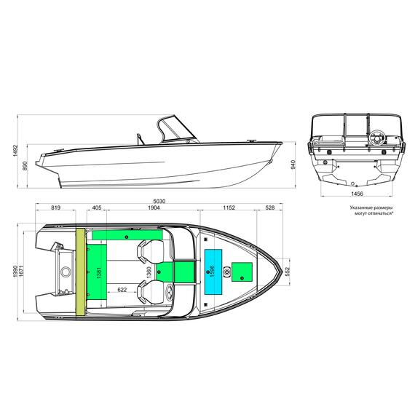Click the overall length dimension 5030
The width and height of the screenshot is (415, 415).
[x=157, y=201]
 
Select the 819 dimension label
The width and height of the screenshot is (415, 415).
[x=56, y=208]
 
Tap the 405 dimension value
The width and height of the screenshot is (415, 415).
[x=97, y=208]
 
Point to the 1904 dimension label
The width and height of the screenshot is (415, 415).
[x=153, y=208]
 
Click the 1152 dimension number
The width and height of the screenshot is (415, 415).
[x=229, y=208]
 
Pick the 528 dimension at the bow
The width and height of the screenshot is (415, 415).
[x=270, y=208]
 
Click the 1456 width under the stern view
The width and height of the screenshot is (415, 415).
[x=356, y=194]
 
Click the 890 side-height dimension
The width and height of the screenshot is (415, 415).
[x=25, y=166]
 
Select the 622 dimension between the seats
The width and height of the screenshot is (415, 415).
[x=122, y=290]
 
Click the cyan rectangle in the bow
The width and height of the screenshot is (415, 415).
[x=214, y=271]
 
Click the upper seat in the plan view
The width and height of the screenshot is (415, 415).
[x=150, y=252]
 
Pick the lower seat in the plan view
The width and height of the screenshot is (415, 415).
[x=151, y=292]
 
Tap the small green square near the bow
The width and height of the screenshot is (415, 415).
[x=242, y=272]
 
